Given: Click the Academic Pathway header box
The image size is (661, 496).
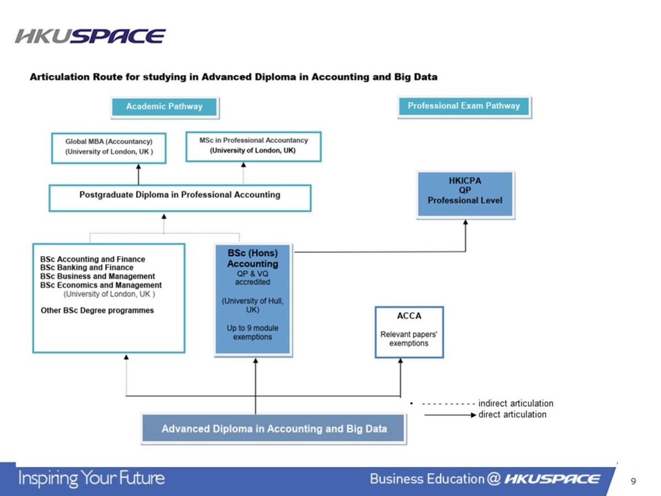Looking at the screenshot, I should pos(164,107).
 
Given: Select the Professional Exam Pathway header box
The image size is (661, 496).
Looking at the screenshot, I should pos(464,106).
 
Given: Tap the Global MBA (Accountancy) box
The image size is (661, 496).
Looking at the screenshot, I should pos(109,147).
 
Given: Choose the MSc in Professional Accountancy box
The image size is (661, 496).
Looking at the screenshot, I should pos(253,146).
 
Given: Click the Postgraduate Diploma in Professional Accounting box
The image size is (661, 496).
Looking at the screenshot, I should pos(180,197).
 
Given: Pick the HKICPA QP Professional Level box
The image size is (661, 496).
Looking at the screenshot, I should pos(465,195).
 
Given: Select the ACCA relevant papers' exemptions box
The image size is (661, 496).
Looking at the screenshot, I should pos(409,332).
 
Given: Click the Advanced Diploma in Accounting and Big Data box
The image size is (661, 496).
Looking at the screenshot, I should pos(274,429).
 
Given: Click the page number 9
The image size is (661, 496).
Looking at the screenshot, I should pos(633,481).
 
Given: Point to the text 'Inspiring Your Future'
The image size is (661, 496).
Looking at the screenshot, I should pos(92,478).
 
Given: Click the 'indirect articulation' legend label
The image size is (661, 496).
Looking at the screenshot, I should pos(516,403).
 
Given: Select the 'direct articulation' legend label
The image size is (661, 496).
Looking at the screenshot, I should pos(512,414).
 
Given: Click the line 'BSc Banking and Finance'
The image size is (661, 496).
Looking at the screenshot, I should pos(86,268).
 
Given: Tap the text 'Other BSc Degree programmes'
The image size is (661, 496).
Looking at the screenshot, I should pos(97,310).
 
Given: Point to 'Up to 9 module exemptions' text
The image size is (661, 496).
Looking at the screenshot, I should pos(252,332).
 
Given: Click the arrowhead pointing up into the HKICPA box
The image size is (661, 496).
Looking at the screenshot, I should pos(465,223).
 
